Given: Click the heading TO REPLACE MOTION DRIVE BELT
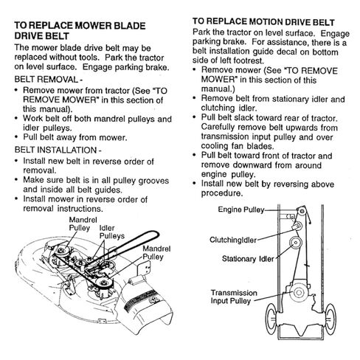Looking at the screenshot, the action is pos(263,21).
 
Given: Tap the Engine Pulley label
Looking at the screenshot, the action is pos(241,210).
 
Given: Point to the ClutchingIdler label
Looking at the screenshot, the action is pos(233,240).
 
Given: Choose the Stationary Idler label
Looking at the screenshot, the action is pos(248,259).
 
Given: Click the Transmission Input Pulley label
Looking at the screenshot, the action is pos(234,297).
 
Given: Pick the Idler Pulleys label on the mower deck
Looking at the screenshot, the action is pos(112,232).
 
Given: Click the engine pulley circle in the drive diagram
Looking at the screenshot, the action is pos(302,211).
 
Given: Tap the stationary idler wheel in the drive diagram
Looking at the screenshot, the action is pos(296,243).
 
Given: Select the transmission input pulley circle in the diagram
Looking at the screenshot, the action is pos(299,292).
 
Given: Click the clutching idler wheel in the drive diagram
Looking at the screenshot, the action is pos(298,225).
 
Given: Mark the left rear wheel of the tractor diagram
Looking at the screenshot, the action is pos(271,319).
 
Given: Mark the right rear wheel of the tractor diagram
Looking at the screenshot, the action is pos(330,319).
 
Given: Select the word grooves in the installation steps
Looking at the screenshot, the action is pos(153,181).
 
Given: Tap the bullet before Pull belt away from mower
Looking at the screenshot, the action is pos(16,136).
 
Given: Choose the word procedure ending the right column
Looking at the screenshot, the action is pos(222,193).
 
